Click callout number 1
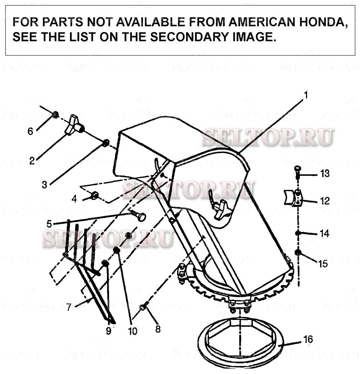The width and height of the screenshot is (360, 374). [x=305, y=95]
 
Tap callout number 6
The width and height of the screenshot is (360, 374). [x=30, y=131]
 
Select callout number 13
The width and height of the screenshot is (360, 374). [x=325, y=174]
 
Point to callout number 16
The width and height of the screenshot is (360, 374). [x=308, y=339]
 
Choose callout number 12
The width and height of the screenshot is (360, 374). [x=325, y=201]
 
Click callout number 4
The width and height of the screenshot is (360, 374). [x=74, y=199]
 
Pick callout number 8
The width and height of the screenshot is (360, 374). [x=158, y=329]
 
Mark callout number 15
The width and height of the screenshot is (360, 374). [x=323, y=264]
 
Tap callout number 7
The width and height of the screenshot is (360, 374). [x=69, y=307]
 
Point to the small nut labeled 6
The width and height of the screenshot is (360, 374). [x=55, y=115]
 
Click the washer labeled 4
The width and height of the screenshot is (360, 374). [x=94, y=195]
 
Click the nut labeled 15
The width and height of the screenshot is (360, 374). [x=298, y=252]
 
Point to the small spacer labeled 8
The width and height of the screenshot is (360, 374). [x=143, y=307]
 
